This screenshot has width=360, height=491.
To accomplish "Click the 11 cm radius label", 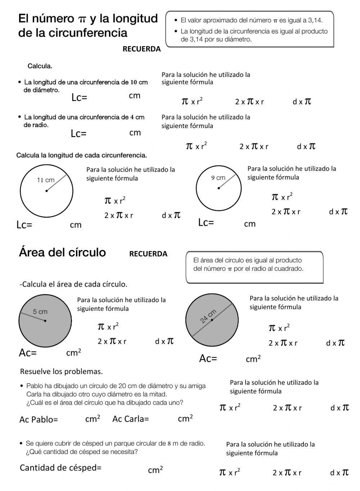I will pyautogui.click(x=45, y=180).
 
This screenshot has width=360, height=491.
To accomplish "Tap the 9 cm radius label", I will pyautogui.click(x=218, y=177).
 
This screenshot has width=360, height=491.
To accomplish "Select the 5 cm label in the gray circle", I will pyautogui.click(x=40, y=312).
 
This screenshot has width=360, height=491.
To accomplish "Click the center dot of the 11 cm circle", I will pyautogui.click(x=46, y=191).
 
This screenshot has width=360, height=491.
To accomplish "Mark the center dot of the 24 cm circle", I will pyautogui.click(x=212, y=320).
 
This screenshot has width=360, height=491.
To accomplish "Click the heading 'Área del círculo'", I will pyautogui.click(x=62, y=252).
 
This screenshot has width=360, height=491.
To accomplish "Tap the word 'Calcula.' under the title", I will pyautogui.click(x=40, y=66).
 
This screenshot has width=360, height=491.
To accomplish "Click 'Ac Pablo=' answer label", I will pyautogui.click(x=39, y=419).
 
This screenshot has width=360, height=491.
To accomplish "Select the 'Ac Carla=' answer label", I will pyautogui.click(x=130, y=419).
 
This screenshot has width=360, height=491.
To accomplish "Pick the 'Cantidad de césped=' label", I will pyautogui.click(x=60, y=468).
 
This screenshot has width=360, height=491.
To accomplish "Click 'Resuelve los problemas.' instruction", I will pyautogui.click(x=61, y=371).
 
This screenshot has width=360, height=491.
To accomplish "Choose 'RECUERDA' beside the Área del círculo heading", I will pyautogui.click(x=148, y=254).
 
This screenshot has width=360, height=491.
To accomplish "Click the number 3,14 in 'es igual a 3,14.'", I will pyautogui.click(x=314, y=20).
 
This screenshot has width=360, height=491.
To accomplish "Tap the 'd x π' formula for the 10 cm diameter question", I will pyautogui.click(x=302, y=101).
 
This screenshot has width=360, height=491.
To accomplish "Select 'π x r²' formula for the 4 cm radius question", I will pyautogui.click(x=196, y=146).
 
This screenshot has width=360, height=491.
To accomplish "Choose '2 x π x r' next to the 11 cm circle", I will pyautogui.click(x=118, y=215).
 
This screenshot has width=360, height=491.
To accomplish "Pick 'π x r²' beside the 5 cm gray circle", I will pyautogui.click(x=108, y=327).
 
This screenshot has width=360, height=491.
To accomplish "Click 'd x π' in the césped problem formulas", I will pyautogui.click(x=339, y=472).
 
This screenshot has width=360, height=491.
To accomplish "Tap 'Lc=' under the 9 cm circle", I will pyautogui.click(x=206, y=223).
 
